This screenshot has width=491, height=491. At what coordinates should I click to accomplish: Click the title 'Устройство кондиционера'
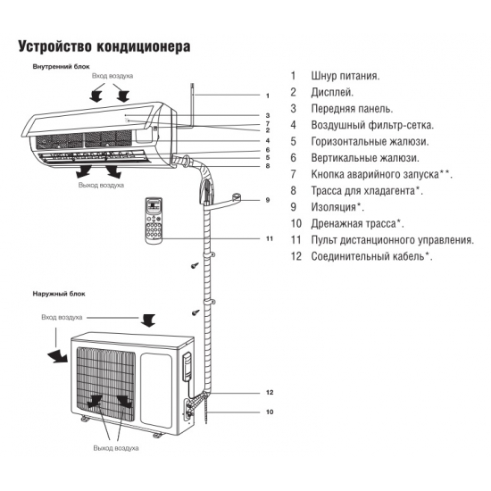(x=104, y=45)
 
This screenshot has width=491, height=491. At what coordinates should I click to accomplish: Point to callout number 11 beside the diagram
(x=269, y=239)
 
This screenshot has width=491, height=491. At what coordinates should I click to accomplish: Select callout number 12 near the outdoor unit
(x=269, y=393)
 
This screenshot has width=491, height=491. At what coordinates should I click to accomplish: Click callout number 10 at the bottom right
(x=269, y=412)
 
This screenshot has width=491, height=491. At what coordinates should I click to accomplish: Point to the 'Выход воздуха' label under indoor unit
(x=102, y=185)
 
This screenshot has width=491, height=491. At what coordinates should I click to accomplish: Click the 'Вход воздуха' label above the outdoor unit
(x=62, y=317)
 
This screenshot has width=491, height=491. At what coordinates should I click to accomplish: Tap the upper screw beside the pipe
(x=193, y=266)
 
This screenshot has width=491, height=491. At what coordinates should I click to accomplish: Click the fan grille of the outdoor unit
(x=106, y=379)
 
